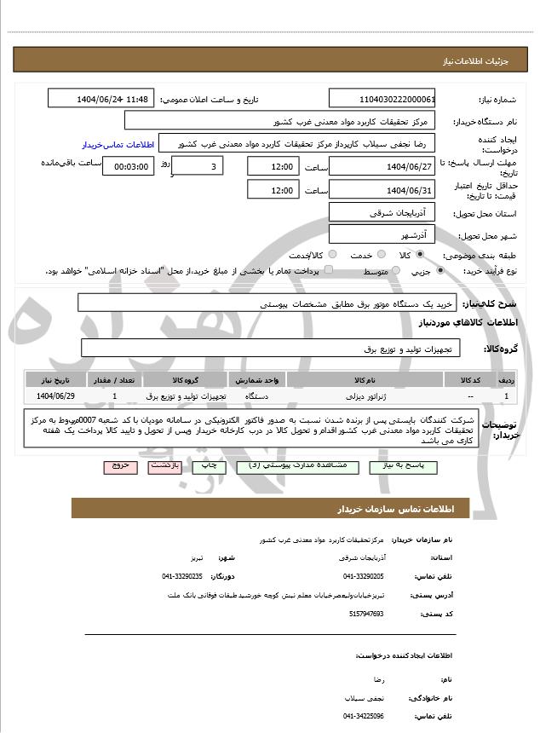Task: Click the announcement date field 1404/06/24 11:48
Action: click(101, 98)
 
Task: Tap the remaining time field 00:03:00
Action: click(129, 167)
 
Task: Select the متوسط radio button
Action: click(394, 271)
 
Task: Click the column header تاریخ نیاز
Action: click(55, 379)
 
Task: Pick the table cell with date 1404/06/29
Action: click(55, 396)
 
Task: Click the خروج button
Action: click(118, 466)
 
